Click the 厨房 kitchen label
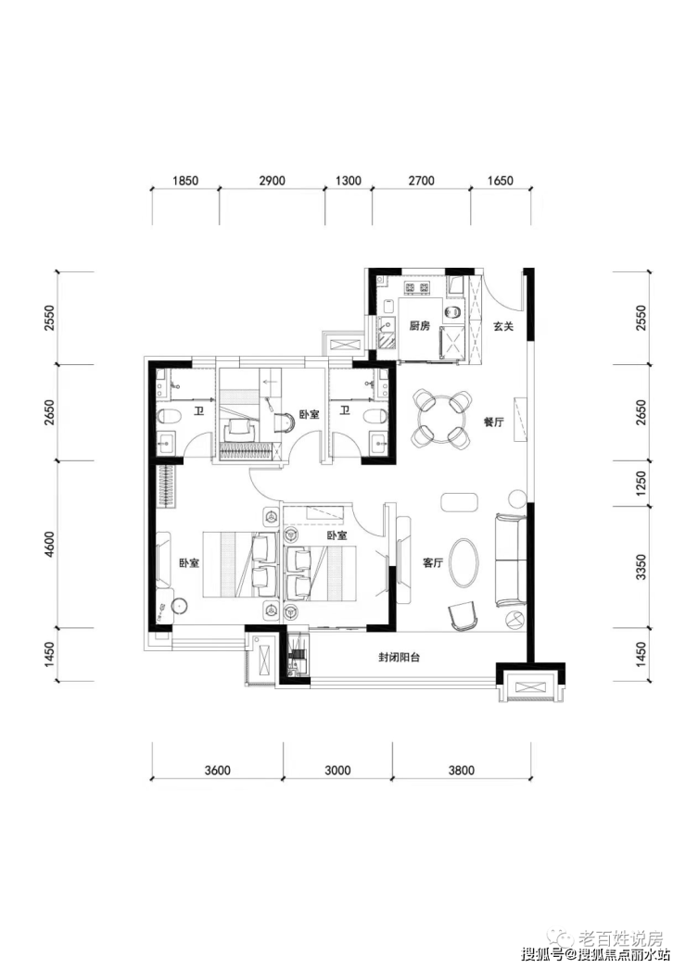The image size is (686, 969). point(419,326)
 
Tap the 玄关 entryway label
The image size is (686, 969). point(503,326)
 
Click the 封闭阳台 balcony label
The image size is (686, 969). point(400,658)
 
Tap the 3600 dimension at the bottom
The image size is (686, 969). point(217,771)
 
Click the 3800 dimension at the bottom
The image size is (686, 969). point(461,771)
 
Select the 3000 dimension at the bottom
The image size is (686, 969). point(338,771)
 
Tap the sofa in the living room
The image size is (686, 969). point(509,560)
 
